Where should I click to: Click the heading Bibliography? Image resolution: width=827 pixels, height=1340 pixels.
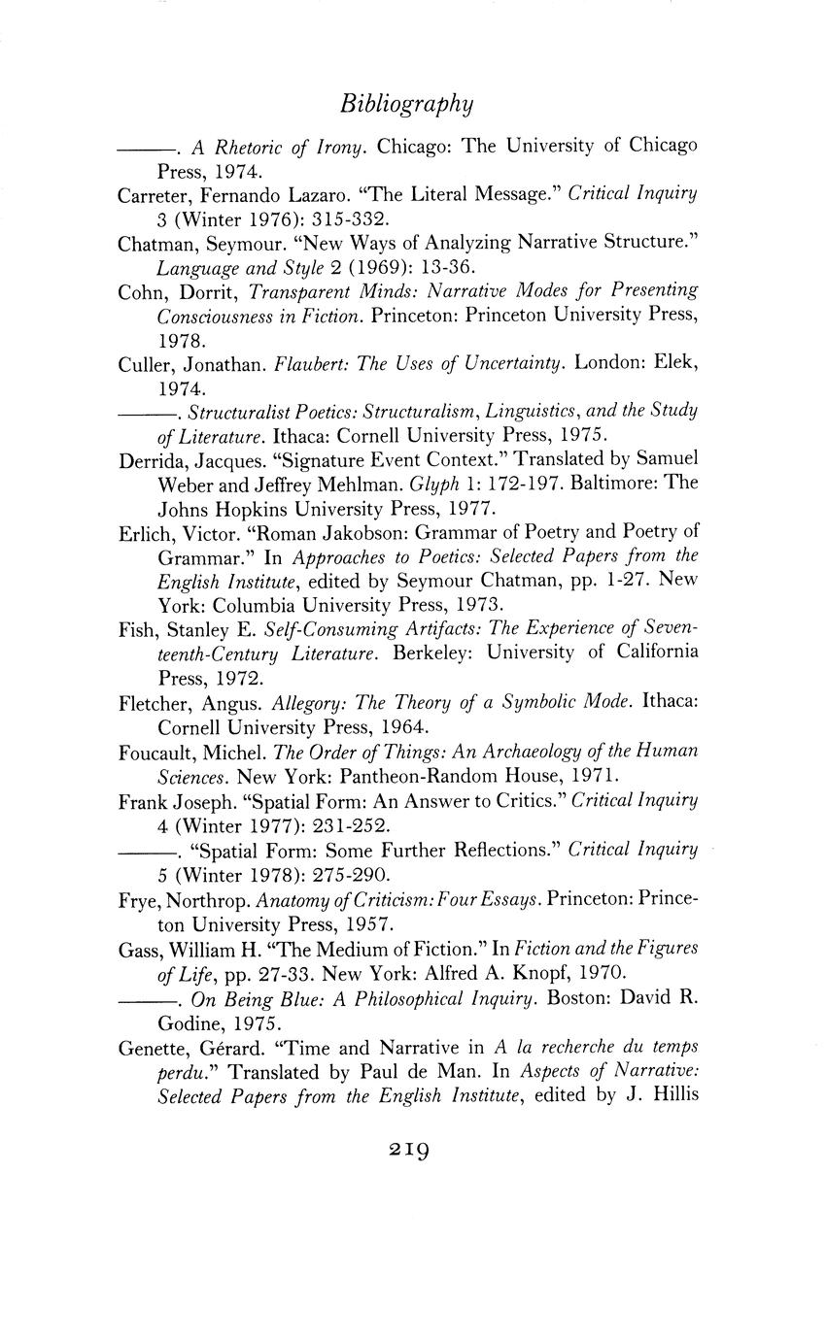pyautogui.click(x=407, y=104)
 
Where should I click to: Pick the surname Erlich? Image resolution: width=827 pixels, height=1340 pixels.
pyautogui.click(x=142, y=533)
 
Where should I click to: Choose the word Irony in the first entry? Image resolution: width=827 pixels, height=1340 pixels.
pyautogui.click(x=341, y=148)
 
